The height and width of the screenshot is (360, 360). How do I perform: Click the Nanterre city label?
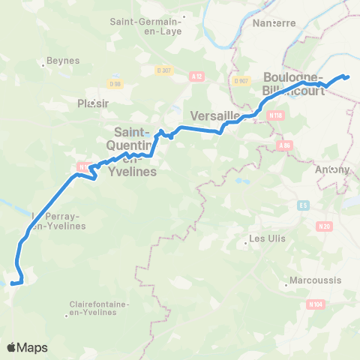[274, 22]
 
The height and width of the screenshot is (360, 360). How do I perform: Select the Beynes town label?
[58, 59]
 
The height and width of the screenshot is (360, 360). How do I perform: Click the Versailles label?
[215, 115]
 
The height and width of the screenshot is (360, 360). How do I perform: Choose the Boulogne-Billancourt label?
[293, 83]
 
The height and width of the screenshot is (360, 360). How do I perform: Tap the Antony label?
[332, 169]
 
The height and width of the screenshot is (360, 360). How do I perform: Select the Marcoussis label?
[308, 284]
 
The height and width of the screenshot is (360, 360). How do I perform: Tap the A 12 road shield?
[197, 76]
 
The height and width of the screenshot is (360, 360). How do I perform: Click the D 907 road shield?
[241, 81]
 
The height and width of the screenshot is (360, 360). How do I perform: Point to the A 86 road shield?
[283, 145]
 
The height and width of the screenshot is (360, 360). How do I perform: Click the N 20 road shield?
[324, 226]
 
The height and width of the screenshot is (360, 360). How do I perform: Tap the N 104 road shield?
[316, 304]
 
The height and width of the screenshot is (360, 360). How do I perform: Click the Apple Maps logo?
[27, 347]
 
